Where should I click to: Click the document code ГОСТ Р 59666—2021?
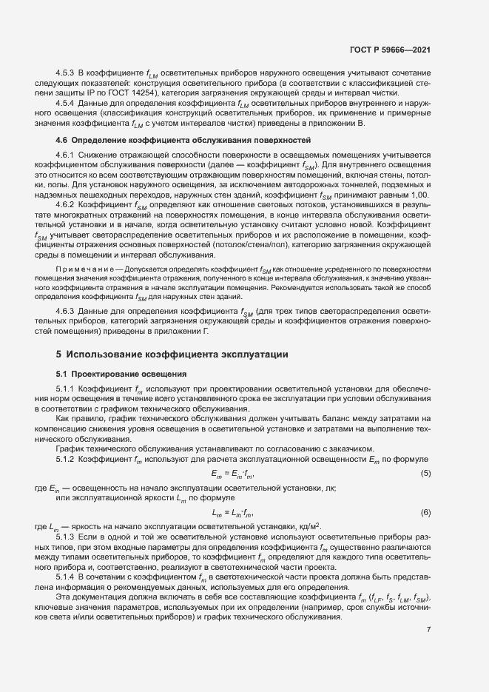tap(390, 50)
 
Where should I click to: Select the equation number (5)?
tap(425, 472)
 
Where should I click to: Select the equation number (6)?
tap(425, 511)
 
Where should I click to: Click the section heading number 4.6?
tap(63, 139)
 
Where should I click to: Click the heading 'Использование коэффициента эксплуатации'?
tap(180, 355)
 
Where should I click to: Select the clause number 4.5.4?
tap(67, 106)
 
